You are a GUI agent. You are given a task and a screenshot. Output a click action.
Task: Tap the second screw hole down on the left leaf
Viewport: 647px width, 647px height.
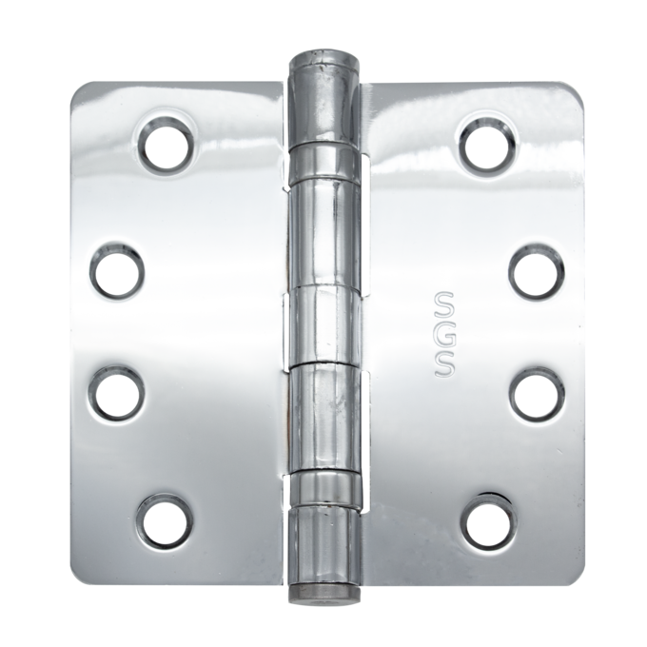[x=117, y=271]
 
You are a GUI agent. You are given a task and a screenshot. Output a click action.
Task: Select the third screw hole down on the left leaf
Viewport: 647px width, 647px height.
[x=117, y=393]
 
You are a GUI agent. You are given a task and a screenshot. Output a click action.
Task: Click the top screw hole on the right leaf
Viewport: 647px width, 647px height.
[x=488, y=145]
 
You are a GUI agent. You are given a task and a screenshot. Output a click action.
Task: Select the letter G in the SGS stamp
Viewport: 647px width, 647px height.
[x=445, y=334]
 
